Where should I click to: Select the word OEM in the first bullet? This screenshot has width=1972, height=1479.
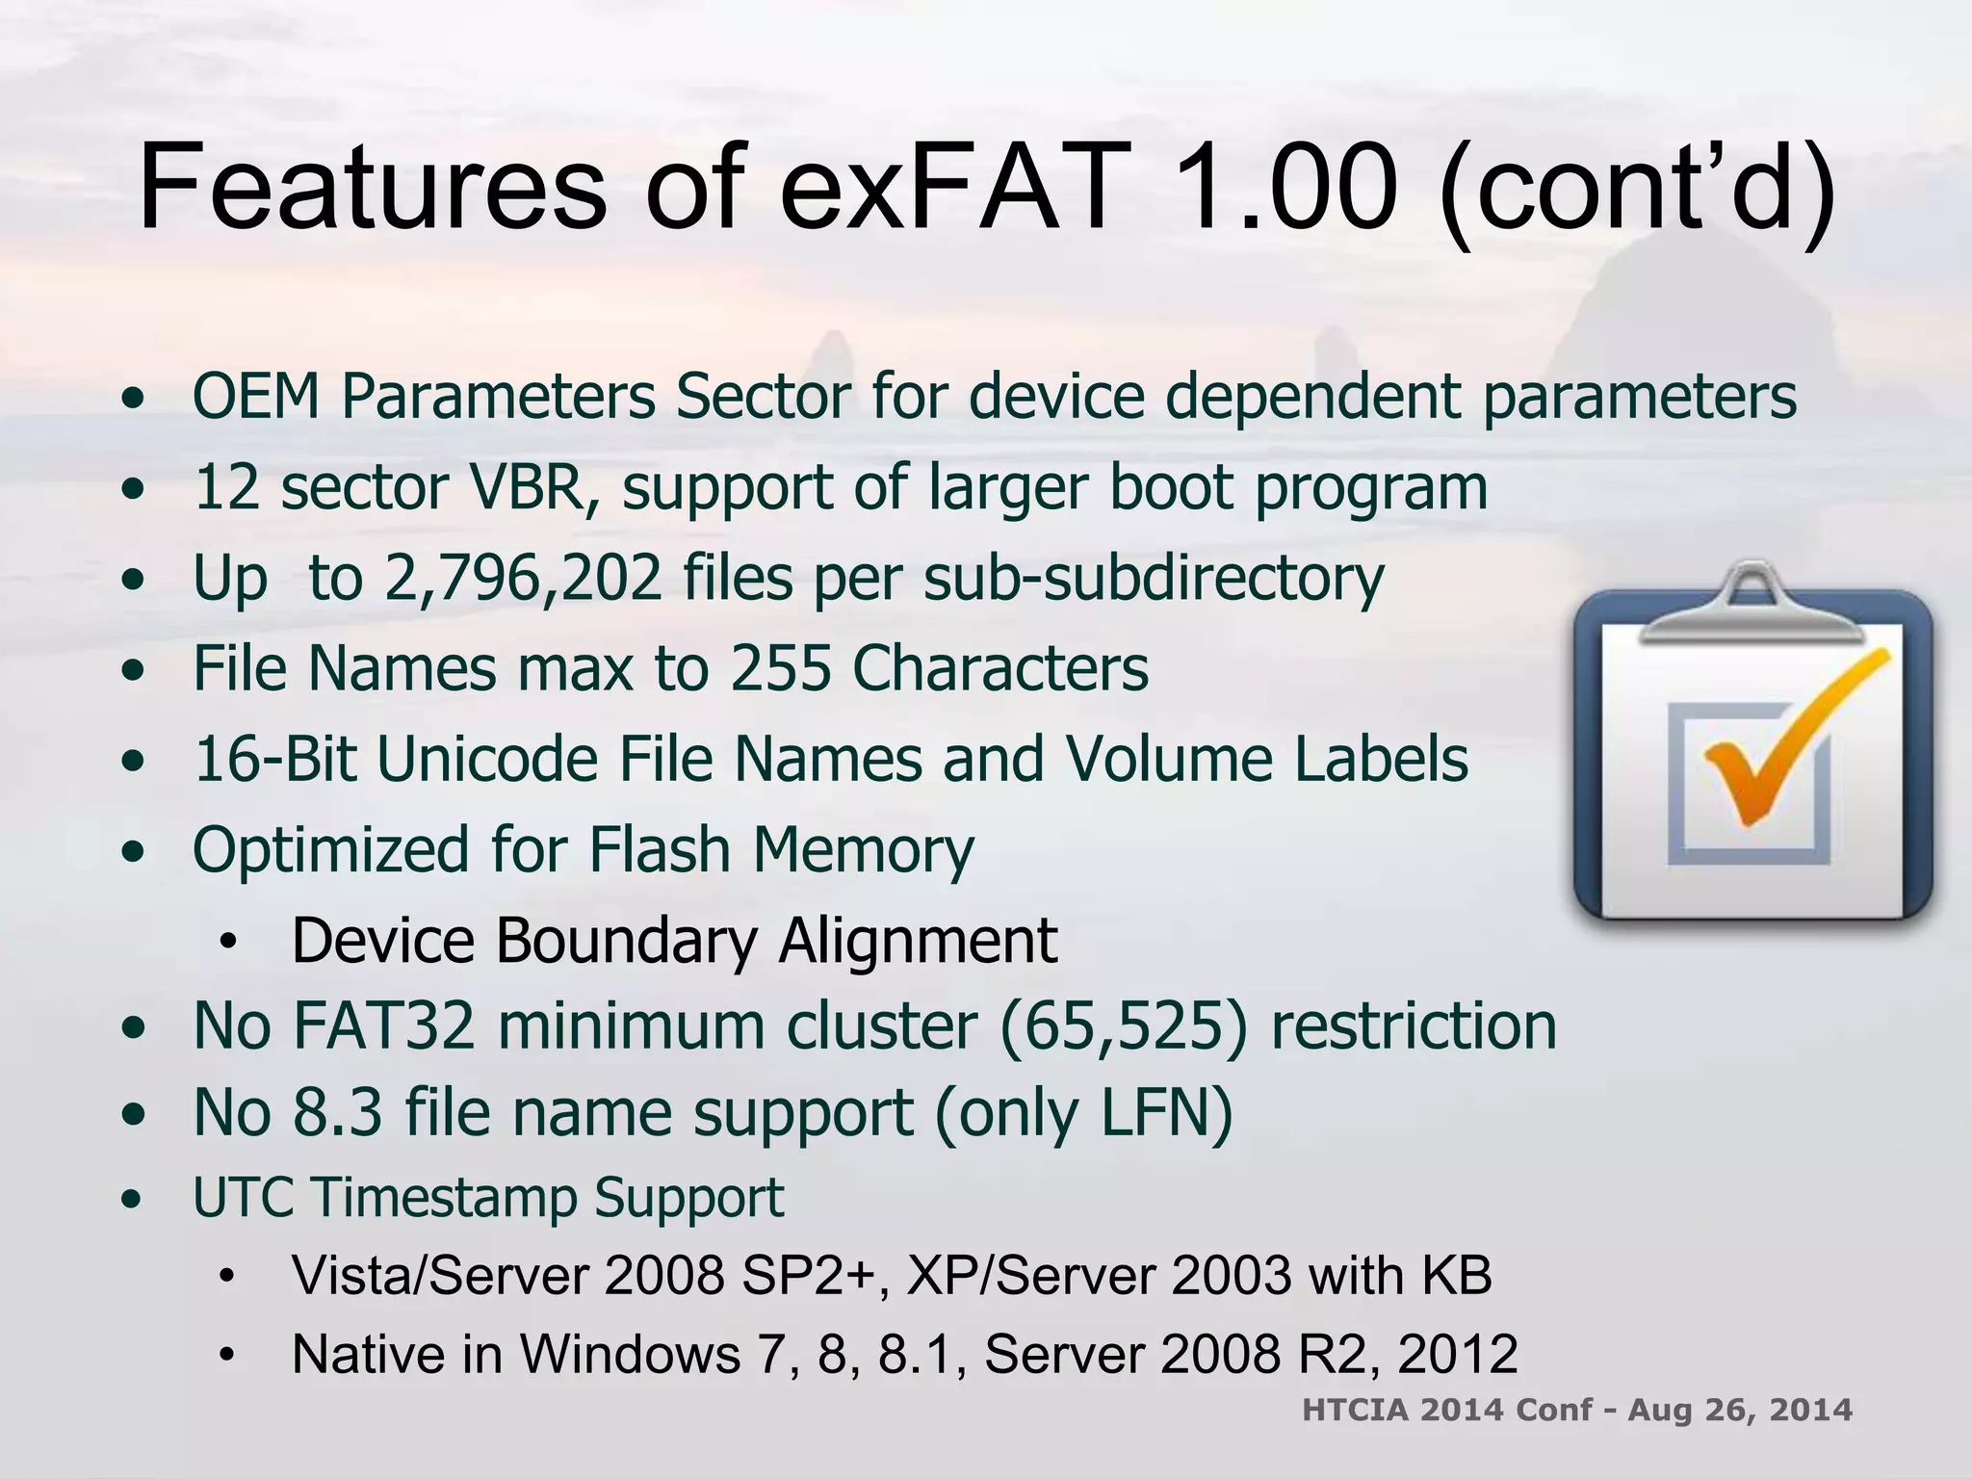[256, 396]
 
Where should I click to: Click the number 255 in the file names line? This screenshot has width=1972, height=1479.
[780, 668]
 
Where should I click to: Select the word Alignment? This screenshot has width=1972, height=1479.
[918, 940]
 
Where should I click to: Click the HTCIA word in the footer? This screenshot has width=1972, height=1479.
[1355, 1410]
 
